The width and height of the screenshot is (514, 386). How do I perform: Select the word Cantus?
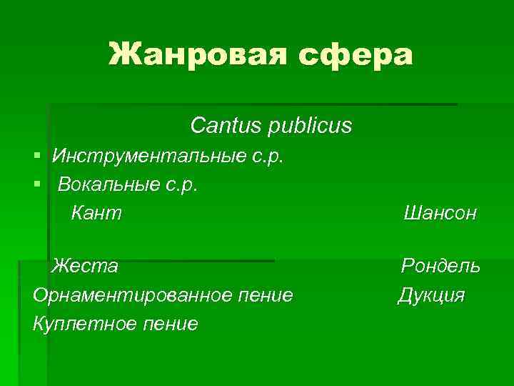pyautogui.click(x=226, y=126)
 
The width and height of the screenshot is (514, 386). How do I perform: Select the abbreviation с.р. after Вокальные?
pyautogui.click(x=181, y=184)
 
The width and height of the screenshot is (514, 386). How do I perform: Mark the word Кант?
pyautogui.click(x=96, y=212)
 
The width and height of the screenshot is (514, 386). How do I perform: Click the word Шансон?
pyautogui.click(x=440, y=212)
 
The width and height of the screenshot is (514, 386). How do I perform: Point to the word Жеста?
pyautogui.click(x=84, y=266)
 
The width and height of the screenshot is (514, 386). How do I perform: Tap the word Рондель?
pyautogui.click(x=440, y=266)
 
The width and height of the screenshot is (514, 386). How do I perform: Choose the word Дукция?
pyautogui.click(x=431, y=295)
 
